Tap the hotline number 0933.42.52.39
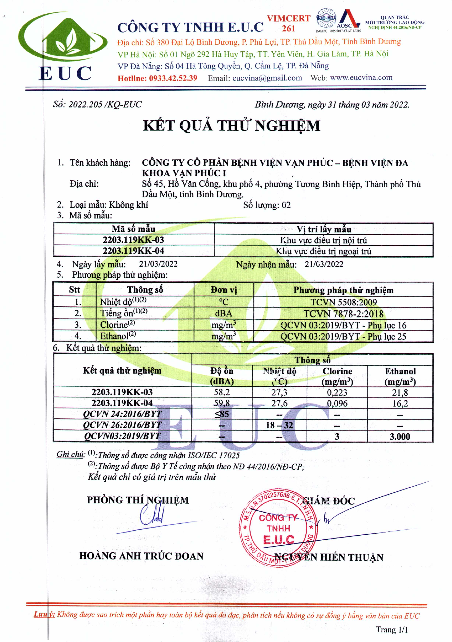173,78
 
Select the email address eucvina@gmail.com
267,78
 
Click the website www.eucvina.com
361,77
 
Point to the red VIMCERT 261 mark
288,23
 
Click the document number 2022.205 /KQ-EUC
105,104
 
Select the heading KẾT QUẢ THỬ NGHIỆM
231,125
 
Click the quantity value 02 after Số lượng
286,205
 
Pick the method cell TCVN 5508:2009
343,302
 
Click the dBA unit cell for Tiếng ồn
223,313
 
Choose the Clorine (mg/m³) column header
337,376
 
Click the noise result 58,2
222,392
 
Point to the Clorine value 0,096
337,403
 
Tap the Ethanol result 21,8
400,392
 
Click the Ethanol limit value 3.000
400,437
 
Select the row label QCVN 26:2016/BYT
122,425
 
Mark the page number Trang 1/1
391,630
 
